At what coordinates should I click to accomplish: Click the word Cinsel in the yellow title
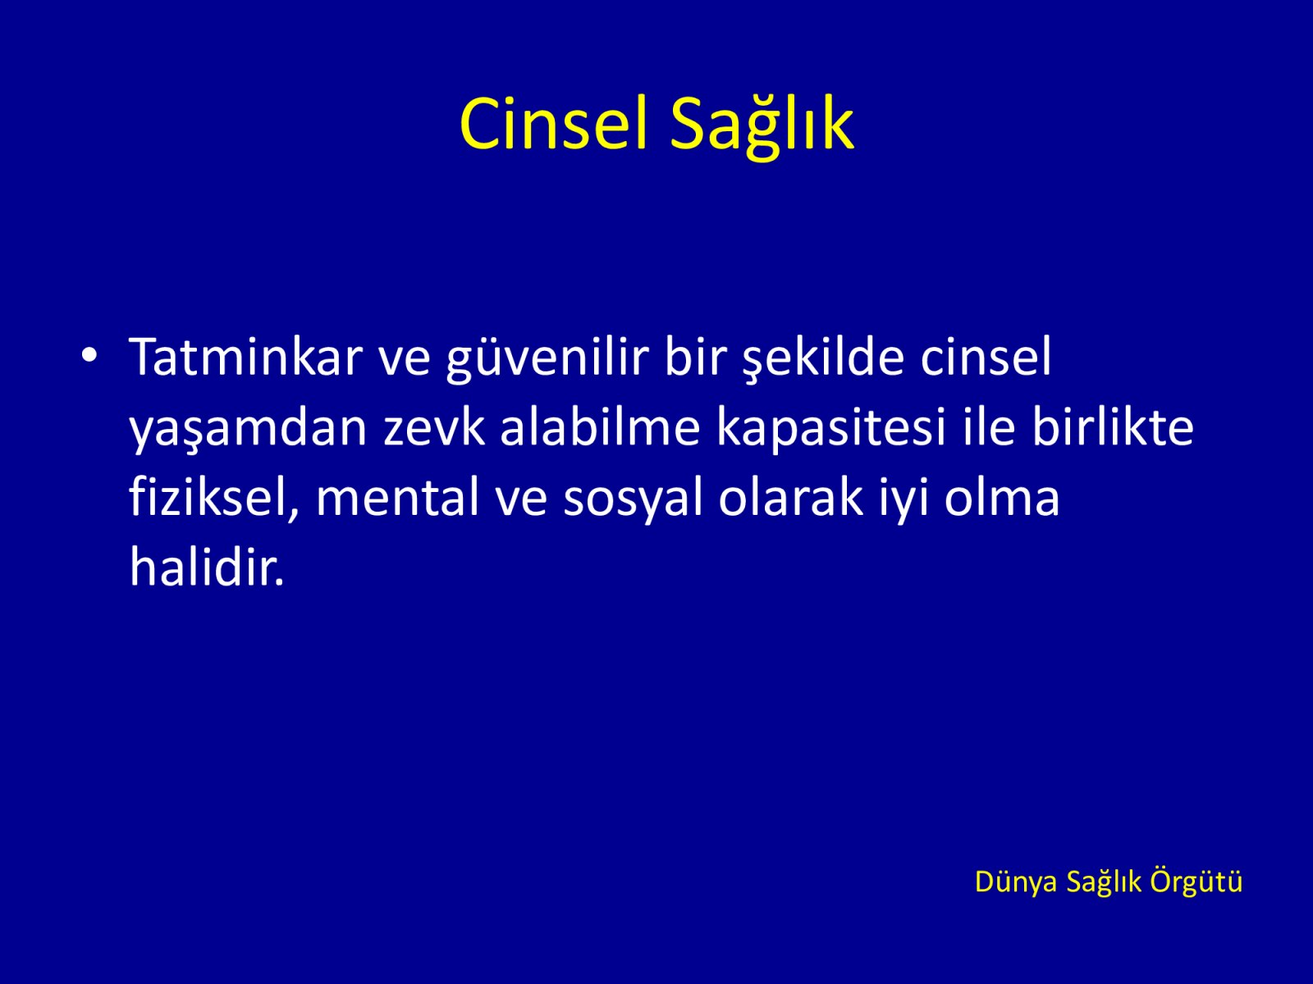point(553,125)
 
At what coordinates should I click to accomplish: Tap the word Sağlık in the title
point(762,126)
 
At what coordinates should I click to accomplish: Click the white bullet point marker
point(89,355)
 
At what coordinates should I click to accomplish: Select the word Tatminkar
point(246,357)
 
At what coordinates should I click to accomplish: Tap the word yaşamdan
point(248,430)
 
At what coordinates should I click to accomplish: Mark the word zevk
point(433,426)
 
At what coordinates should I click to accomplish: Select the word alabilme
point(599,426)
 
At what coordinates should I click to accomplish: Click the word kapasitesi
point(830,429)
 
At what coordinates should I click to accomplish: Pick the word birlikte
point(1113,426)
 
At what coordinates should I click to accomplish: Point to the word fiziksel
point(214,498)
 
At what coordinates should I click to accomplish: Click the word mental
point(397,497)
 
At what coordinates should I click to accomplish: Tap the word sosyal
point(632,499)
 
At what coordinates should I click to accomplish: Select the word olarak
point(791,496)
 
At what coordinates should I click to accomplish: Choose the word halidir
point(206,567)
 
